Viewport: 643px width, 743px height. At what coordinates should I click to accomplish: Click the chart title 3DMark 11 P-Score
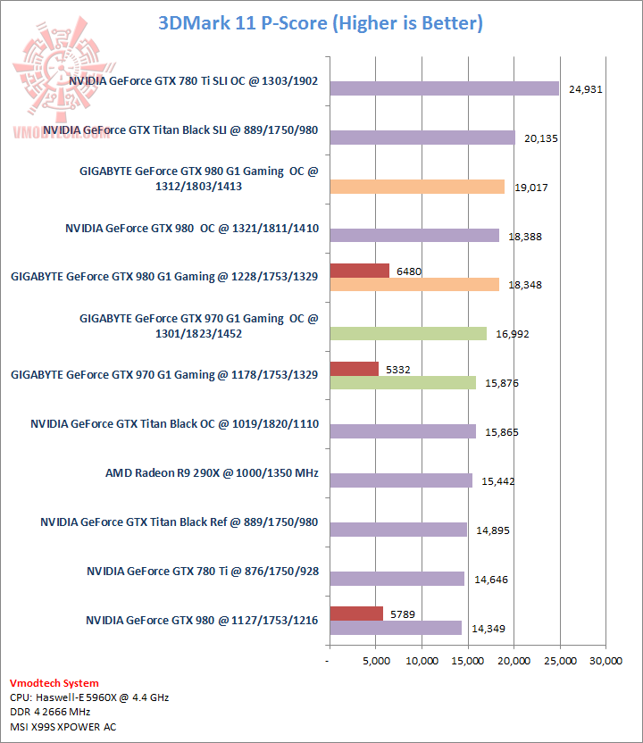(321, 23)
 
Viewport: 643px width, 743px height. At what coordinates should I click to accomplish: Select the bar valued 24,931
(444, 88)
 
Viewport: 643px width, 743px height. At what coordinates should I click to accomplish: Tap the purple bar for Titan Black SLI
(422, 138)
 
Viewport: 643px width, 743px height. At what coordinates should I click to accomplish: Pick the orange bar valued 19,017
(417, 187)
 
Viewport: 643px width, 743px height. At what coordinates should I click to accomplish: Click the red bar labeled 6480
(359, 271)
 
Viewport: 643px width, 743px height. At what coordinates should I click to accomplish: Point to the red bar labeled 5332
(354, 369)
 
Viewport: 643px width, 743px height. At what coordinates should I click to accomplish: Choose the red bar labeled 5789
(356, 614)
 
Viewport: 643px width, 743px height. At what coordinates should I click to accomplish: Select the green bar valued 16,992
(408, 333)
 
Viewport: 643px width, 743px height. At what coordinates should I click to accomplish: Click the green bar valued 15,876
(403, 382)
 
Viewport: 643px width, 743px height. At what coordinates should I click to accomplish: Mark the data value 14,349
(489, 629)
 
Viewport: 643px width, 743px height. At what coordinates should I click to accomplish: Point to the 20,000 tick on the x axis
(514, 661)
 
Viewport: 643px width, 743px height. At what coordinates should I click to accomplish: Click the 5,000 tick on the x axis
(375, 661)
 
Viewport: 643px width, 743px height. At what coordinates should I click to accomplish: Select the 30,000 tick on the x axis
(605, 661)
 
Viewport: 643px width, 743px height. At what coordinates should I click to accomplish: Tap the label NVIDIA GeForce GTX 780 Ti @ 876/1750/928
(202, 571)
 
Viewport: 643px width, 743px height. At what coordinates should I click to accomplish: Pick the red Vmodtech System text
(54, 683)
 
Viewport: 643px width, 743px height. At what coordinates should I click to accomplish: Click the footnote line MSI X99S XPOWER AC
(63, 726)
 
